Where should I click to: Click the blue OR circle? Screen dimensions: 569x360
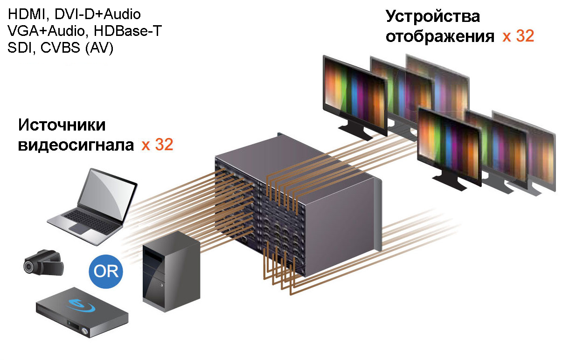[106, 271]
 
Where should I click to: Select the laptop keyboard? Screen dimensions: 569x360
[92, 221]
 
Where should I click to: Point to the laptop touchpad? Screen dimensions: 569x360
[81, 228]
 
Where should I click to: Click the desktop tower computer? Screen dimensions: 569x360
[171, 271]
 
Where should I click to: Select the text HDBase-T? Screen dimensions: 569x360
[128, 31]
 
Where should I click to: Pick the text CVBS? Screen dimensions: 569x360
[60, 48]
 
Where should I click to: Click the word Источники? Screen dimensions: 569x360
[62, 125]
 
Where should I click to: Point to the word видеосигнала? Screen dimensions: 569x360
[76, 145]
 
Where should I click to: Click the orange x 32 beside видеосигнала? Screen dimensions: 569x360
[158, 145]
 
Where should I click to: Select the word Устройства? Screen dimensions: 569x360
[433, 16]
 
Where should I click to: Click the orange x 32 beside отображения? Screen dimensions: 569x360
[519, 36]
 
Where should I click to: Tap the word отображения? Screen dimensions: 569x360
[440, 36]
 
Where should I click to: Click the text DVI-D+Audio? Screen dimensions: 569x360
[97, 14]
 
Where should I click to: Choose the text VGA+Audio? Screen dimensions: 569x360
[46, 31]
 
